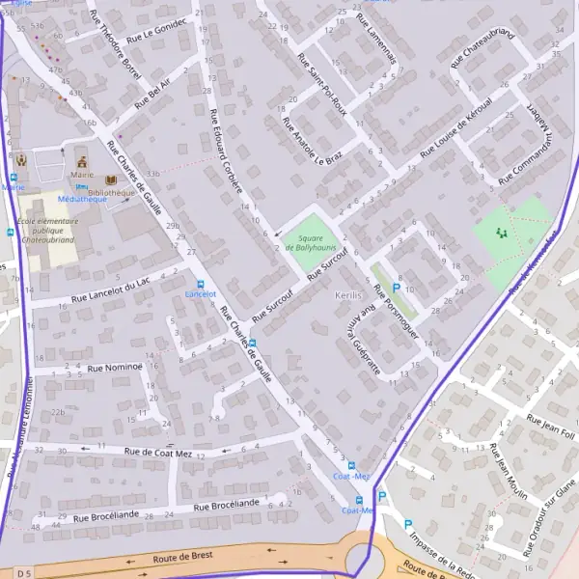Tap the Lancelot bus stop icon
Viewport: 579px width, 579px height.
pos(201,284)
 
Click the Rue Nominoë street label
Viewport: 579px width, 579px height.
pos(115,367)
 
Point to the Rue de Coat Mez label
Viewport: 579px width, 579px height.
pos(159,452)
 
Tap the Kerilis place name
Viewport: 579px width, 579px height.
pos(347,294)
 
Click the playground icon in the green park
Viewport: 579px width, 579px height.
pos(500,233)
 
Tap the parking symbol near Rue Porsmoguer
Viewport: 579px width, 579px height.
pos(396,288)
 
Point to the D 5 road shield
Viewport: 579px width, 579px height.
pos(23,573)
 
